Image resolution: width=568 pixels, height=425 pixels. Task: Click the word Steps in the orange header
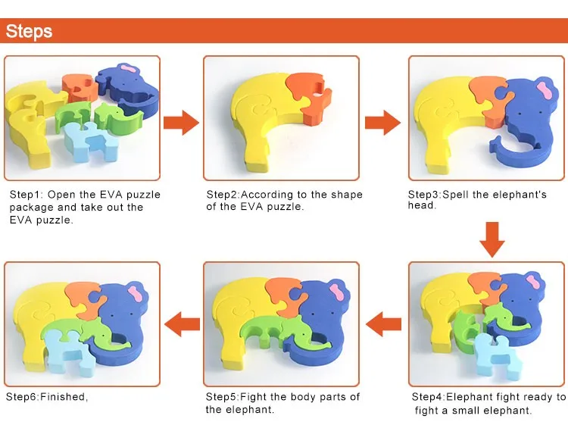[30, 31]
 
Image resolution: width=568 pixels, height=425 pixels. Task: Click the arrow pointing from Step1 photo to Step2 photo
[181, 121]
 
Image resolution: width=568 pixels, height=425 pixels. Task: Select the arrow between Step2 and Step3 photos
[383, 121]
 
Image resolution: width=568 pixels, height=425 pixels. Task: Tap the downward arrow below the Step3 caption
[492, 239]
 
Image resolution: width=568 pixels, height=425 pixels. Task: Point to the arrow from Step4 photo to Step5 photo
[384, 323]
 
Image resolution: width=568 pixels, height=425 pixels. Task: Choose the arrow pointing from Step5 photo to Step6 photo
[182, 323]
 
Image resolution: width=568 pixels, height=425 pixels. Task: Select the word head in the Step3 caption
[422, 205]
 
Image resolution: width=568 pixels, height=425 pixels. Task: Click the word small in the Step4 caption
[470, 410]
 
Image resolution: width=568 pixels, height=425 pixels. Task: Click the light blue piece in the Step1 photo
[86, 137]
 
